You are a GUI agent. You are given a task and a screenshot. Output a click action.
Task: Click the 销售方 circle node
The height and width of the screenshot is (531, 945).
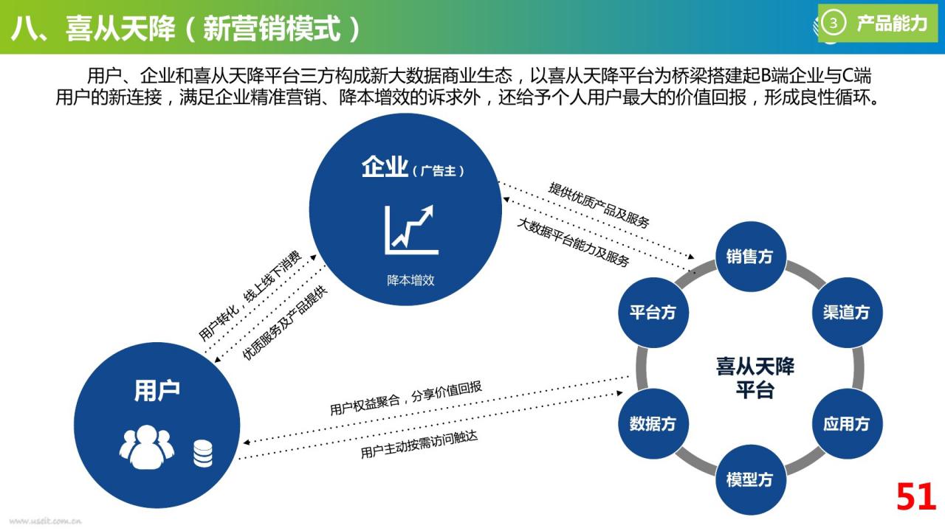[751, 256]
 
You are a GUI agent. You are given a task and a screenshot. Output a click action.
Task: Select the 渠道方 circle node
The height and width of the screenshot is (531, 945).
[847, 312]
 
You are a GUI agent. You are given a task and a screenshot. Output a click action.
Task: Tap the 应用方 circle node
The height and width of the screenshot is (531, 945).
[847, 423]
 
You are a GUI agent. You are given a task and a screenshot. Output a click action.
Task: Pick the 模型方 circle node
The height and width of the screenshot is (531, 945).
[751, 479]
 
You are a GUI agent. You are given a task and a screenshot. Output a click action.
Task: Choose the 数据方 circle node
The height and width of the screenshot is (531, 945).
[653, 423]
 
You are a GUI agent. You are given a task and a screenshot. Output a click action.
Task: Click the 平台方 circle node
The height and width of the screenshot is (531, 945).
[653, 312]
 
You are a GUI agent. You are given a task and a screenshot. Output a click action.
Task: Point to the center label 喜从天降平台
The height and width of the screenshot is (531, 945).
[755, 378]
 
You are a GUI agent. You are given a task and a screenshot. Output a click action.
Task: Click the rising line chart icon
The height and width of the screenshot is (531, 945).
[411, 229]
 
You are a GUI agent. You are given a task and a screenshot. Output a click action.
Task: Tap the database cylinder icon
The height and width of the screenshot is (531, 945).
[203, 454]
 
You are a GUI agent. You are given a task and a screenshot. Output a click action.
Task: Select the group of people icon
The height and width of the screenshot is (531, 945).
[147, 447]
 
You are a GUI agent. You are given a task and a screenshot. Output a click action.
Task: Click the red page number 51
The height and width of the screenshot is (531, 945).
[916, 496]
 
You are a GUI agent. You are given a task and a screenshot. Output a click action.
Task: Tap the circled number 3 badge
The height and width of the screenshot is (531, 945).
[834, 23]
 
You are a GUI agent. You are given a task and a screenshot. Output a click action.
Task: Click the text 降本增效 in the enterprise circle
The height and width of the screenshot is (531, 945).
[410, 280]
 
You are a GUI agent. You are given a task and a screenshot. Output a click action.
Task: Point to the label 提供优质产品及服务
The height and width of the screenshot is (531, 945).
[599, 205]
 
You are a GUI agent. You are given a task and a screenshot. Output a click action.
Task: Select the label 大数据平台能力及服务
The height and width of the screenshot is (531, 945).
[574, 243]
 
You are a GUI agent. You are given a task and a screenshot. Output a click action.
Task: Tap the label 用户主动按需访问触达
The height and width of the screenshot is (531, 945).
[419, 444]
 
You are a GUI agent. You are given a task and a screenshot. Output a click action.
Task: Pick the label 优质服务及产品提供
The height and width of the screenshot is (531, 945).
[285, 323]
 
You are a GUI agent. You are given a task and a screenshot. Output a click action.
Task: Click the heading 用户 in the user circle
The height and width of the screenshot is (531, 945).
[157, 390]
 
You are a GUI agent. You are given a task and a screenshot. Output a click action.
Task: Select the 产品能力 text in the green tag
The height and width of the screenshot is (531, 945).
[892, 23]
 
